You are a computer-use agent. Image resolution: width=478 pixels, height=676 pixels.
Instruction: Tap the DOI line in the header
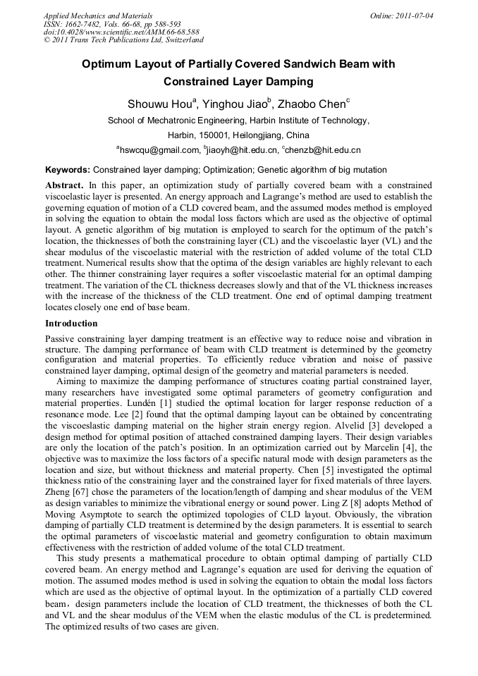click(x=121, y=32)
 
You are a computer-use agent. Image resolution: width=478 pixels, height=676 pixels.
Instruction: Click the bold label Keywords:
click(x=68, y=170)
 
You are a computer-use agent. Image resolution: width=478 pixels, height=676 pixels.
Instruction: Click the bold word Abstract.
click(x=63, y=184)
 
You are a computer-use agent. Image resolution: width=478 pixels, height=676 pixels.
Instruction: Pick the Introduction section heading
click(x=71, y=324)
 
